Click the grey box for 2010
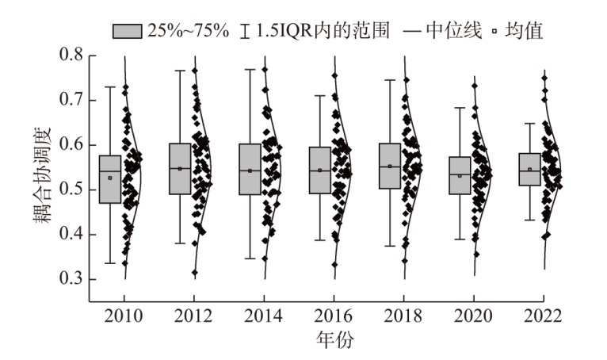110,179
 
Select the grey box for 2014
250,170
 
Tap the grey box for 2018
390,167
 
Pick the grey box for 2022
529,170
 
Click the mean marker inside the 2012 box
180,169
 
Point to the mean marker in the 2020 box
460,175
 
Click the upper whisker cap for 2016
320,95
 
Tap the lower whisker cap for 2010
110,263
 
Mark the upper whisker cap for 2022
529,123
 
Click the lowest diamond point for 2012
195,273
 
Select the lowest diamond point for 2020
476,255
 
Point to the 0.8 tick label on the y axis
71,55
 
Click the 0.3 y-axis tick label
71,278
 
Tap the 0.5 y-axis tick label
71,190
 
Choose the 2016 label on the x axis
334,316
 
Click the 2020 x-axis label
473,316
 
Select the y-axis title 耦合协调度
42,175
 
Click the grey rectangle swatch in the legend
128,31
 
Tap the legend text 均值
524,31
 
